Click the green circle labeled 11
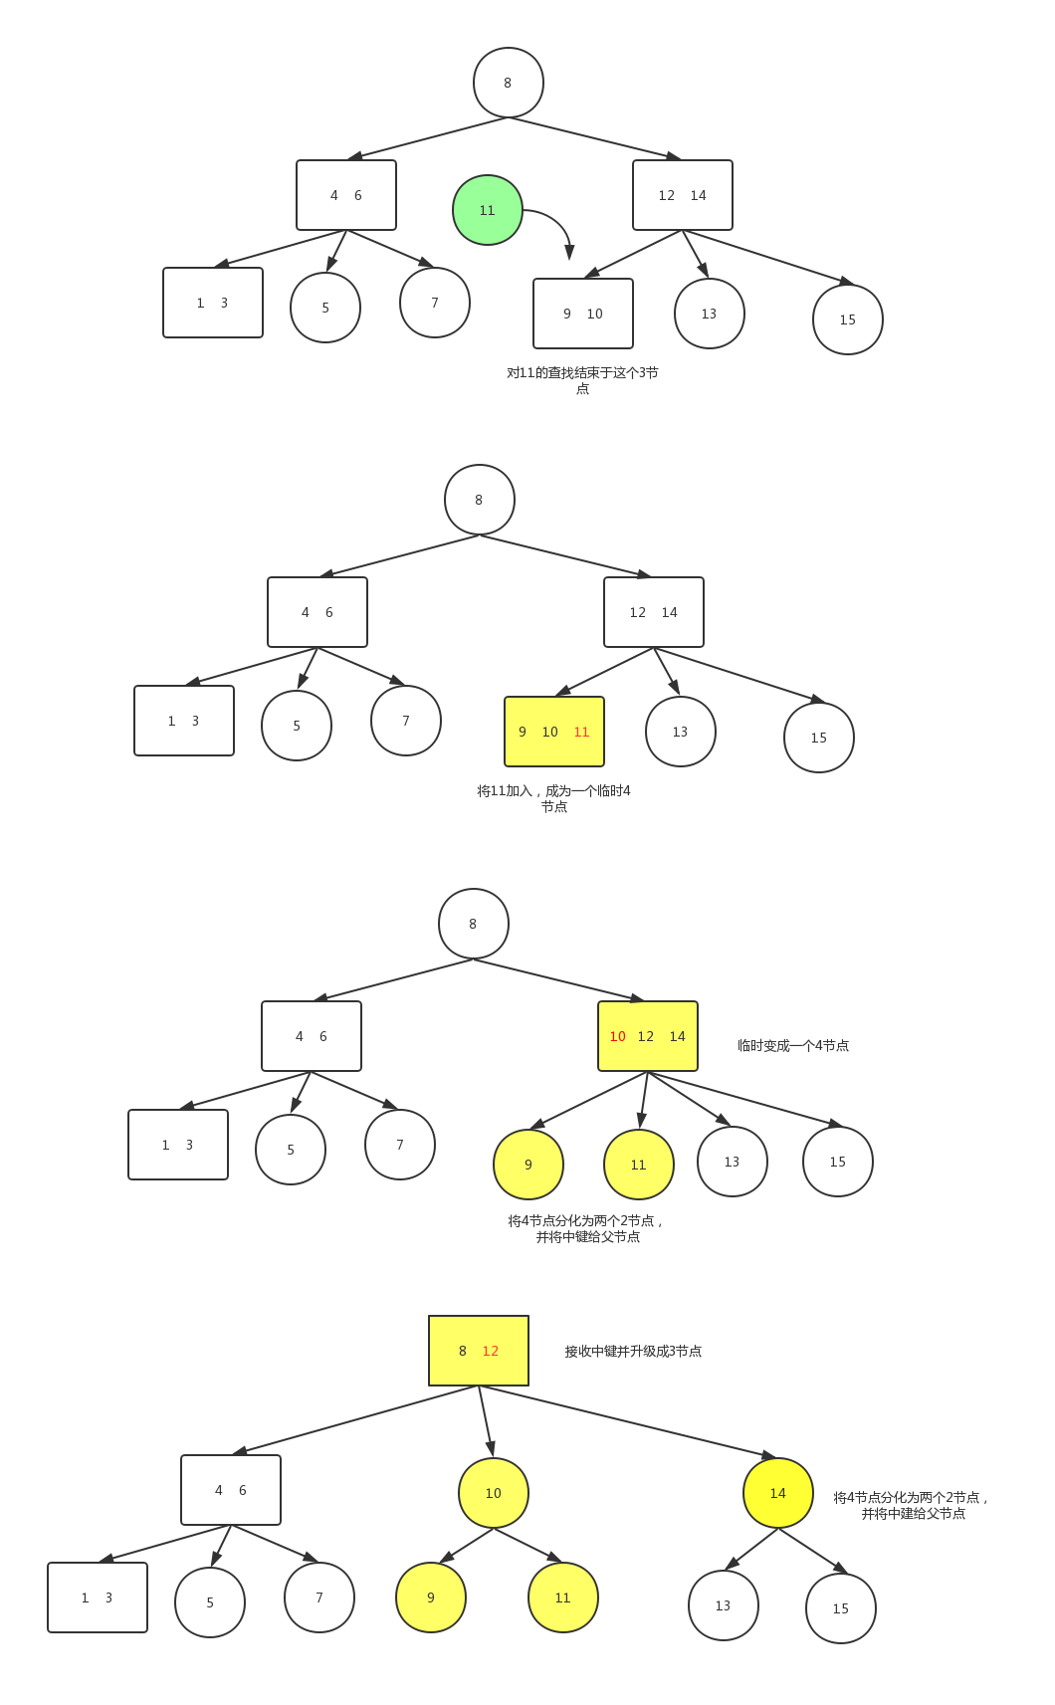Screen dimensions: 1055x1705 click(487, 210)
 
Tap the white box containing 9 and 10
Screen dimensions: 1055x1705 click(583, 314)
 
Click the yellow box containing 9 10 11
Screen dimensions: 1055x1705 click(554, 732)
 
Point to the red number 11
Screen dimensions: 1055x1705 click(581, 733)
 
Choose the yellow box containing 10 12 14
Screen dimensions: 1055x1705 click(648, 1036)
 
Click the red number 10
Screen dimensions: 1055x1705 click(618, 1037)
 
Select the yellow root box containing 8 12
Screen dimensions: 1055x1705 click(479, 1351)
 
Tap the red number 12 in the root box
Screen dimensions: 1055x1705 click(491, 1351)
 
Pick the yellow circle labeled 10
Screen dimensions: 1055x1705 click(494, 1493)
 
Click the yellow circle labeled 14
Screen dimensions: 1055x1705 click(778, 1493)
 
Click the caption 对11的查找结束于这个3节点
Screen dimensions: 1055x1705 click(582, 380)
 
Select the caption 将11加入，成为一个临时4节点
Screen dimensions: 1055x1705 click(554, 798)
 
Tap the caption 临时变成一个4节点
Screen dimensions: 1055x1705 click(793, 1046)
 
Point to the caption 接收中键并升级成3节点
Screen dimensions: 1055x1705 click(633, 1351)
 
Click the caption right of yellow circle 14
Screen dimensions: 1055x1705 click(911, 1506)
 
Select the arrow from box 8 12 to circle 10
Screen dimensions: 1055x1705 click(486, 1421)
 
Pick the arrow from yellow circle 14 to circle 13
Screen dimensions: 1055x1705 click(751, 1549)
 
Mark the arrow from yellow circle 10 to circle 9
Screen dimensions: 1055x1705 click(467, 1546)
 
